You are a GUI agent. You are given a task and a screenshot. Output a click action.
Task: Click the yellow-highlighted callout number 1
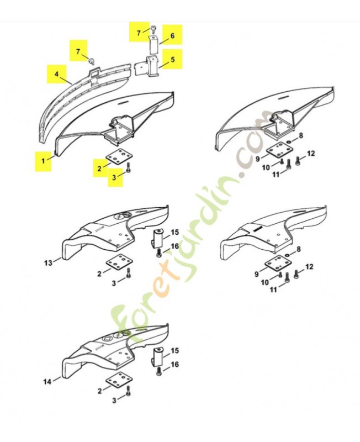43,161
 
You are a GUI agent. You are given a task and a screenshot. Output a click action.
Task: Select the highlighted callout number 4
57,74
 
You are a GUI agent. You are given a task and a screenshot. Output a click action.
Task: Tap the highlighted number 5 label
172,60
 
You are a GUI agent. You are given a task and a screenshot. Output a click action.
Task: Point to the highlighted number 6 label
172,36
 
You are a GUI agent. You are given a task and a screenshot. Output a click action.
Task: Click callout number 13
48,263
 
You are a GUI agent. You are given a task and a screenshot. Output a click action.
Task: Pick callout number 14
47,382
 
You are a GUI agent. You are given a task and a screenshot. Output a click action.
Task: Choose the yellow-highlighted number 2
99,169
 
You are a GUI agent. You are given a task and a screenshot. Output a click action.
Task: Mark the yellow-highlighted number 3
114,177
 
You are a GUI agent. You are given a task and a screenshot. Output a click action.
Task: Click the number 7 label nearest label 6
139,33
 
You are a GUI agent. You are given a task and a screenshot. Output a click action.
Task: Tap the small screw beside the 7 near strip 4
91,60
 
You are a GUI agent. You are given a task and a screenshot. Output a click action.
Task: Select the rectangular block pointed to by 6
153,45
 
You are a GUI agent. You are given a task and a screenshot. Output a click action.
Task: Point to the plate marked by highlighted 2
119,156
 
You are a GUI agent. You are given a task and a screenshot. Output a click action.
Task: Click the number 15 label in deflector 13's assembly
174,232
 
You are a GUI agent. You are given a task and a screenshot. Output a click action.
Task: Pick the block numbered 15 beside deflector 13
157,239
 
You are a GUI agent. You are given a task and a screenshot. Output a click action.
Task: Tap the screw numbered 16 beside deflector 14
159,371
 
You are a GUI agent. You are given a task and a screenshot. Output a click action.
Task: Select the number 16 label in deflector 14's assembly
174,365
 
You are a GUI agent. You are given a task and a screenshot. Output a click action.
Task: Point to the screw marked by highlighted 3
129,167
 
